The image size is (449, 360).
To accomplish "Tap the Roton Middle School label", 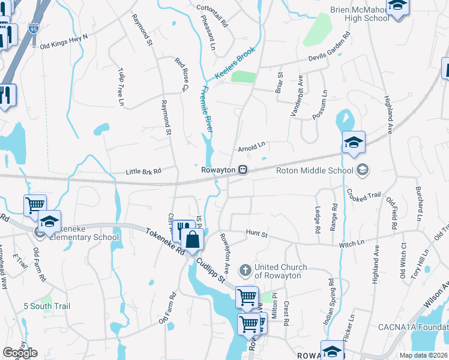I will click(314, 170).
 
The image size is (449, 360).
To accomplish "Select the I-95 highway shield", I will click(32, 28).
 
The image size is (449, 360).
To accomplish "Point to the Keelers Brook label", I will click(235, 63).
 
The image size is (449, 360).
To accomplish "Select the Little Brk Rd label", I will click(143, 171).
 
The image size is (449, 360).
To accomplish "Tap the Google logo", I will click(20, 353).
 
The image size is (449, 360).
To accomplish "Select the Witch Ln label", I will click(352, 243).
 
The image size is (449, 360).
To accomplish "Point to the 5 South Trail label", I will click(47, 307).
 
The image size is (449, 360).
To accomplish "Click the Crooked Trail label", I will click(364, 195).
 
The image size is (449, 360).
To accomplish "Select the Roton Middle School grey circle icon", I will click(362, 170).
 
